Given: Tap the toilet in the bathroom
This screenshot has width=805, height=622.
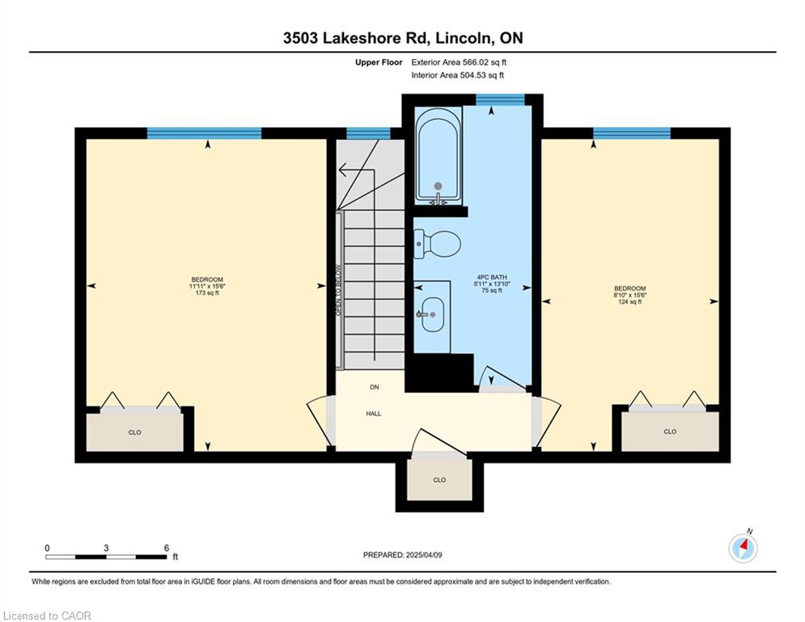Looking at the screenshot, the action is click(x=438, y=244).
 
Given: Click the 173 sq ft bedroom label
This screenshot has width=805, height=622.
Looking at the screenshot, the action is click(x=207, y=287).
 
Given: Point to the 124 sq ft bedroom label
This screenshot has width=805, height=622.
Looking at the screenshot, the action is click(x=630, y=295).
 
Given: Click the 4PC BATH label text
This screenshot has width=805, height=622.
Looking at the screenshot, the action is click(x=492, y=277).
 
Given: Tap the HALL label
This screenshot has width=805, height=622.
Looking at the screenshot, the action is click(x=374, y=413).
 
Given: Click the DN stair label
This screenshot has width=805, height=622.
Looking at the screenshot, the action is click(x=375, y=387).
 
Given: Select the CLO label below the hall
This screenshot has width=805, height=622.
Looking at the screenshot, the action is click(x=439, y=479).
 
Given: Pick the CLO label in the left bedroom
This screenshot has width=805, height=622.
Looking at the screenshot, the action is click(x=134, y=432).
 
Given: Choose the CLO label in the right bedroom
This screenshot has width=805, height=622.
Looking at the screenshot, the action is click(x=670, y=432).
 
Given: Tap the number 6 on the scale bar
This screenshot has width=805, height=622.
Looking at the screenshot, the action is click(x=167, y=548).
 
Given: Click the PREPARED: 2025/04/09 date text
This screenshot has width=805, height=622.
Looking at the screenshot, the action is click(x=403, y=555).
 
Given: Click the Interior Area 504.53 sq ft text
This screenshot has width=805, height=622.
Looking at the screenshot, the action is click(x=457, y=75).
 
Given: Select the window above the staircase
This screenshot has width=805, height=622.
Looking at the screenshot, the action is click(x=368, y=134).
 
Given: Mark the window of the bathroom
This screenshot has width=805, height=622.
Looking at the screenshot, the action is click(x=499, y=99).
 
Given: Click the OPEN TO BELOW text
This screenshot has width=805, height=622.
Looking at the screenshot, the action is click(x=338, y=291).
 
